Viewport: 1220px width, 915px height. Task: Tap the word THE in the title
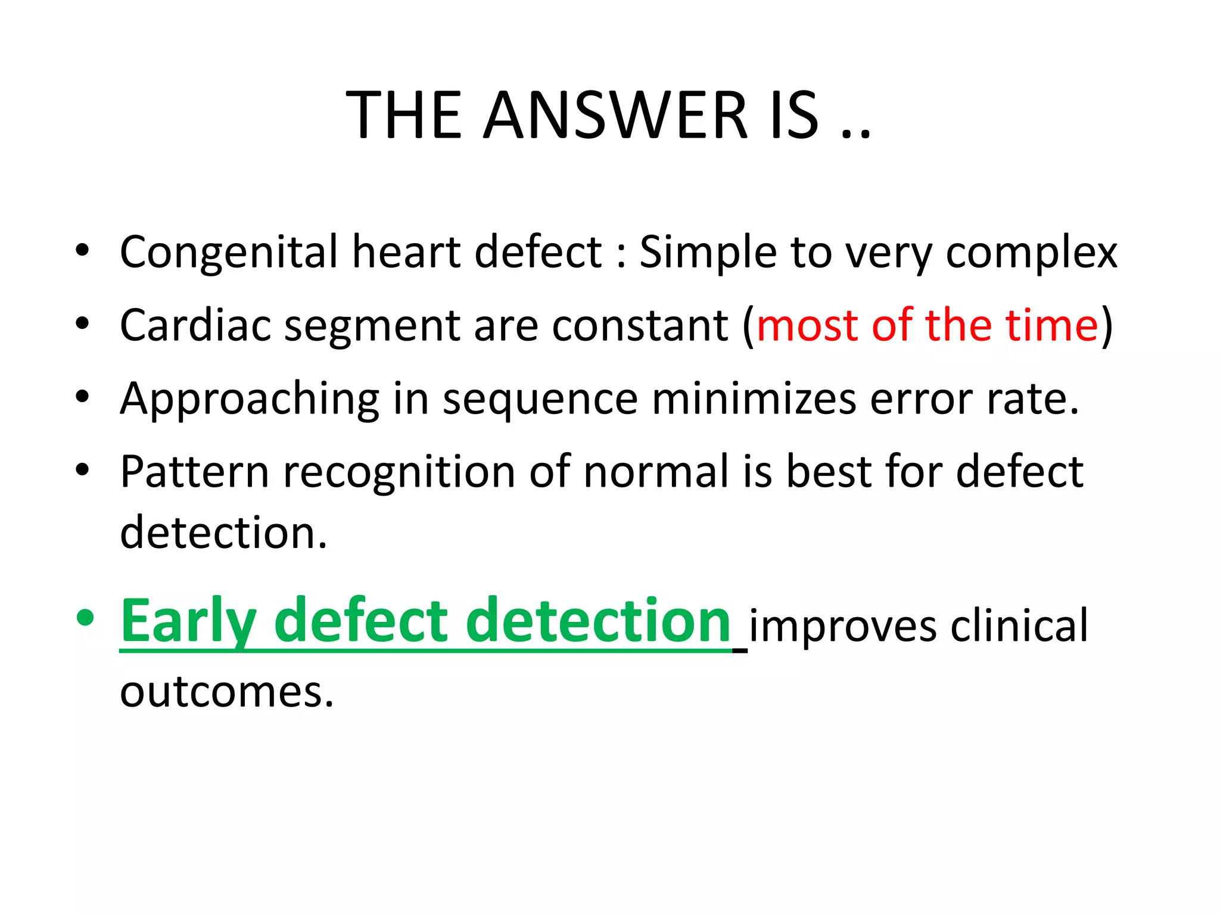(404, 116)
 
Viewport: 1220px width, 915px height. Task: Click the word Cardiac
(195, 326)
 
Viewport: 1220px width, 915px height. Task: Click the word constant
(640, 326)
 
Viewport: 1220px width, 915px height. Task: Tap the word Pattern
(195, 472)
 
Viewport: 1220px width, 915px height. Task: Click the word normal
(656, 472)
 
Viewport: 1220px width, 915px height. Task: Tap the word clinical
(1019, 625)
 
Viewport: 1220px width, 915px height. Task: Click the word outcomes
(226, 693)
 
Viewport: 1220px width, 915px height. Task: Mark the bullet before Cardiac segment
(83, 324)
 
